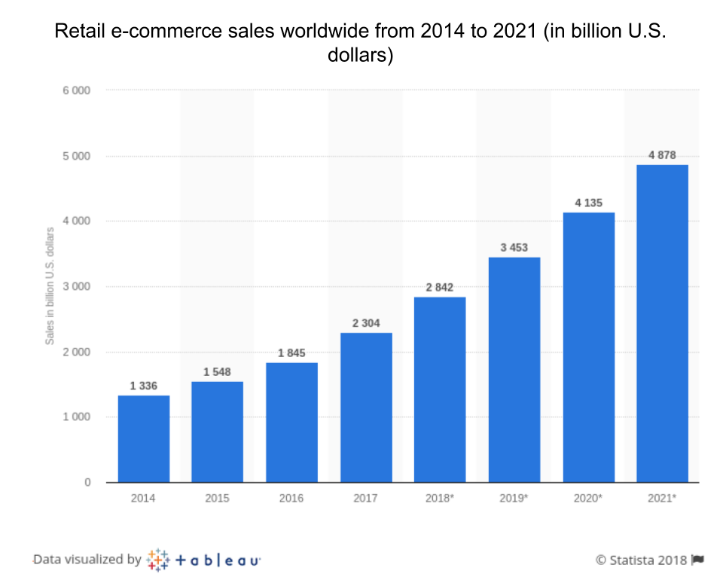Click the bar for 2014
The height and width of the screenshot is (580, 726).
(143, 438)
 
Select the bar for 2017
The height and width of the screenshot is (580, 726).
(366, 407)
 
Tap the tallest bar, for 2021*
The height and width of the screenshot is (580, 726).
(662, 323)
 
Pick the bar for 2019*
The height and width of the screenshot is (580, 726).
(514, 369)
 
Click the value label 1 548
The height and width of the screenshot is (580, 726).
(218, 372)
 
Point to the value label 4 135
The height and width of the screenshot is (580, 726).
(588, 203)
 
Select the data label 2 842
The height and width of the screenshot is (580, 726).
(440, 288)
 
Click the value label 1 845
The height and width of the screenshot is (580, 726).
(291, 353)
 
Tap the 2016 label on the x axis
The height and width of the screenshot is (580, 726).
(291, 499)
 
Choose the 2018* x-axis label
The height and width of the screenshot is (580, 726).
(440, 499)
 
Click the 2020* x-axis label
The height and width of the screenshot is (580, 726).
(588, 499)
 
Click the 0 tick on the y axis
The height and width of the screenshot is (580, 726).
(87, 482)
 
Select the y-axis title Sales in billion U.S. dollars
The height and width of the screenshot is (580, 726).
(50, 286)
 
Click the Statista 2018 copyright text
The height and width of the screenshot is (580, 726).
(641, 560)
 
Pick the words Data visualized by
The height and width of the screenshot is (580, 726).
(87, 560)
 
